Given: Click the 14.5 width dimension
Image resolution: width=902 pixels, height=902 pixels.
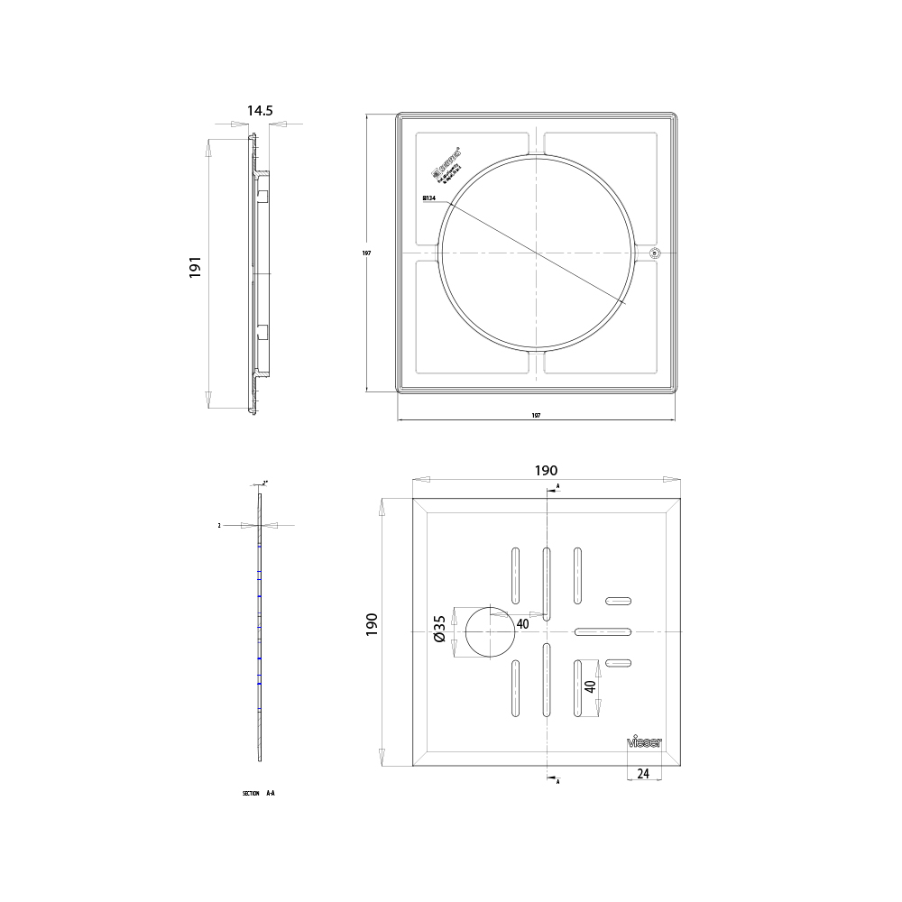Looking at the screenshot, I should pyautogui.click(x=259, y=110).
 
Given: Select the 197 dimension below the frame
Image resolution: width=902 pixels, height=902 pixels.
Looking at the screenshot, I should pyautogui.click(x=536, y=416).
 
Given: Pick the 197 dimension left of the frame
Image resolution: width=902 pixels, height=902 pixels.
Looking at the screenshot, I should pyautogui.click(x=367, y=253).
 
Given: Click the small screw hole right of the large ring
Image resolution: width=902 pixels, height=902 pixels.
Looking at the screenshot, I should pyautogui.click(x=656, y=253).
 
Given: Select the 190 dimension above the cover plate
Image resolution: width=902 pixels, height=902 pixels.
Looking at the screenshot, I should pyautogui.click(x=546, y=470).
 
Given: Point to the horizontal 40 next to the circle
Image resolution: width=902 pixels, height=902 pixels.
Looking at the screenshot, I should pyautogui.click(x=522, y=622).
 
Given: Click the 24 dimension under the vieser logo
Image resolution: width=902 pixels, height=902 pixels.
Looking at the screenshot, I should pyautogui.click(x=644, y=773).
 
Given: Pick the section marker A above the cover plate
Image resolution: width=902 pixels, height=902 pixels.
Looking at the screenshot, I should pyautogui.click(x=558, y=486).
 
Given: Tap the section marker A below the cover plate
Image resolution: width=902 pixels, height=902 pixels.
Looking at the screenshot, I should pyautogui.click(x=558, y=781).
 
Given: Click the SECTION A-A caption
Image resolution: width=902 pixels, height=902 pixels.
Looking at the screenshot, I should pyautogui.click(x=258, y=793).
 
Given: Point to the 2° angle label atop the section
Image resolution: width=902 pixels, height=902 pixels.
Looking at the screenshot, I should pyautogui.click(x=265, y=483).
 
